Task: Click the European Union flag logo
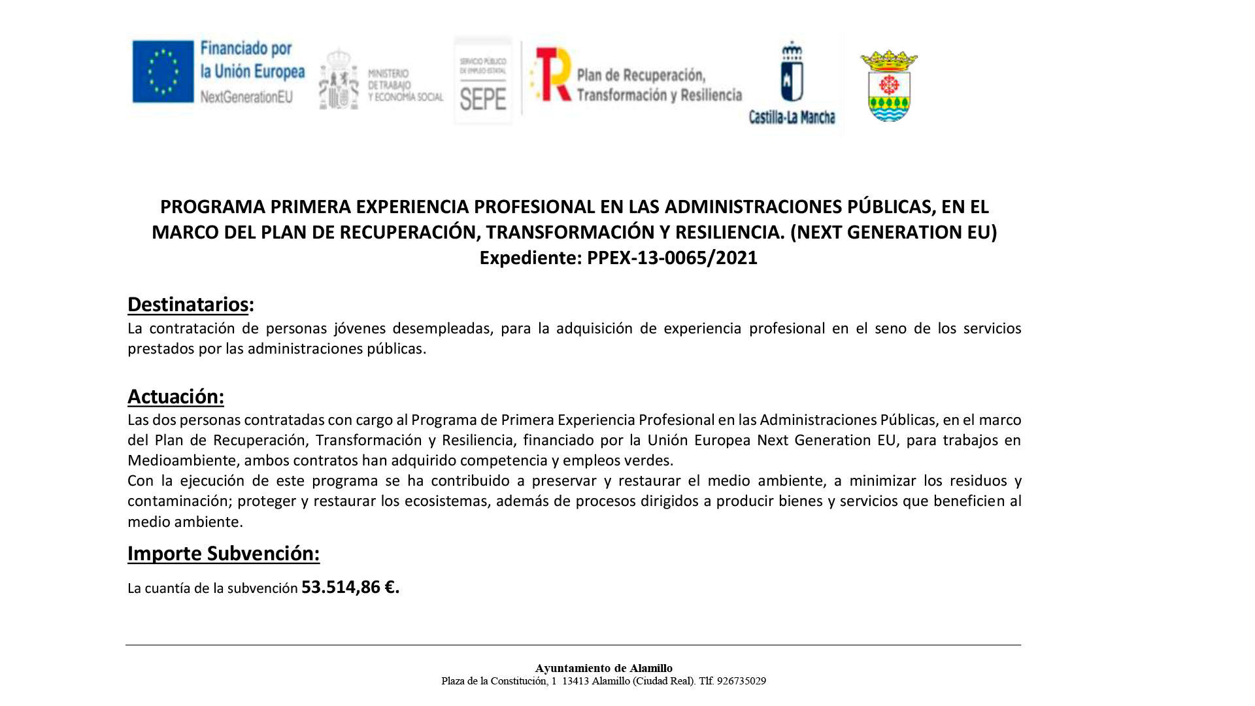(163, 71)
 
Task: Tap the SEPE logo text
(483, 99)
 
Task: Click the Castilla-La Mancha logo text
(792, 118)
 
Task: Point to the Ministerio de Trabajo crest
(339, 80)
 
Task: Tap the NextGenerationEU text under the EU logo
(246, 97)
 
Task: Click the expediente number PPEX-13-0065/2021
(672, 258)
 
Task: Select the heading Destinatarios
(188, 305)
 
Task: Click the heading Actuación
(175, 397)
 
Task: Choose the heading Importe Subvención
(223, 554)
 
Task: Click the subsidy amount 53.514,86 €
(350, 587)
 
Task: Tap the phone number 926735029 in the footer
(741, 681)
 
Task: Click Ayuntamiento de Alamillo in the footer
(603, 668)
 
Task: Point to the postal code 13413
(575, 681)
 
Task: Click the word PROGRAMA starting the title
(212, 207)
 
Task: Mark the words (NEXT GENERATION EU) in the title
(894, 232)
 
